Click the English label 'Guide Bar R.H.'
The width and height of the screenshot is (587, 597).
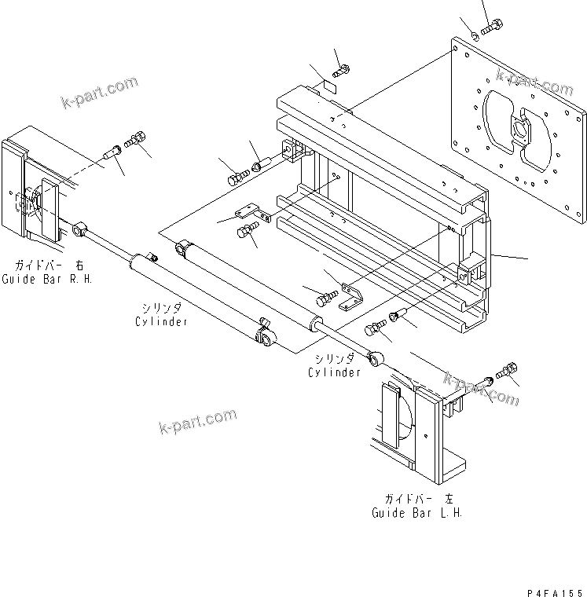(x=47, y=279)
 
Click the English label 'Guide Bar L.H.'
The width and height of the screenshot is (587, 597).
(x=417, y=512)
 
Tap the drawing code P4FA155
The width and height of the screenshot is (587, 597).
(x=555, y=593)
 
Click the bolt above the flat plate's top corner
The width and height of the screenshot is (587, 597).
(x=492, y=27)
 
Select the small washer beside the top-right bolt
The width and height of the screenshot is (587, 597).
(x=475, y=37)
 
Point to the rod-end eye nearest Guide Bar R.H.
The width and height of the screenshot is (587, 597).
(x=79, y=230)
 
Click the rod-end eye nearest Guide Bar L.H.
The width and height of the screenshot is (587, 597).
(x=375, y=358)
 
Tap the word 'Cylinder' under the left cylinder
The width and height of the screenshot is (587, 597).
(x=162, y=321)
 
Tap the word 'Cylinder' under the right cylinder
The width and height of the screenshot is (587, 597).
(x=334, y=372)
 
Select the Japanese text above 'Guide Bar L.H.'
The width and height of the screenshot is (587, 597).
(x=419, y=498)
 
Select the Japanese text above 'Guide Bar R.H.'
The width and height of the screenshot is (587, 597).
(x=49, y=265)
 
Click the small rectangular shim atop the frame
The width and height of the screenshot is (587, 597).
(x=330, y=87)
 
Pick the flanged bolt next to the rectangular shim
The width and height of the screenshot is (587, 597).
(x=341, y=71)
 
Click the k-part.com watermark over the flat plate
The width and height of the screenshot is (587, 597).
(x=534, y=82)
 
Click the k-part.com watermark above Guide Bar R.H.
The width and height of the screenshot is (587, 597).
(x=100, y=92)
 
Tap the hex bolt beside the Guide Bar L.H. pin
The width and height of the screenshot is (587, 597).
(x=507, y=370)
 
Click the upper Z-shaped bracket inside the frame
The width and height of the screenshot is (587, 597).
(x=252, y=212)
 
